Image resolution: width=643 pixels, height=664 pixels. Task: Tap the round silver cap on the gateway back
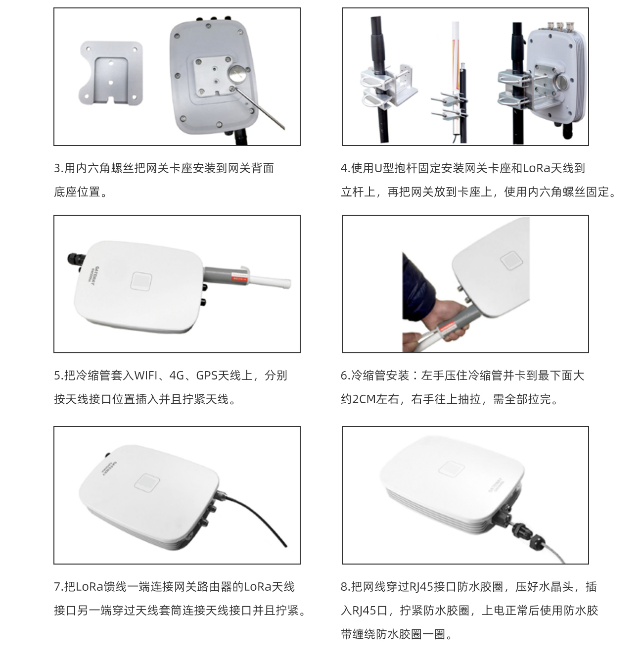pyautogui.click(x=236, y=75)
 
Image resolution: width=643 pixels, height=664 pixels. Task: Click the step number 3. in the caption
pyautogui.click(x=59, y=168)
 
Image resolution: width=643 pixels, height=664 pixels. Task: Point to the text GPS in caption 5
pyautogui.click(x=207, y=376)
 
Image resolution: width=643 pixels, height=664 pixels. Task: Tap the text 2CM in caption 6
pyautogui.click(x=364, y=399)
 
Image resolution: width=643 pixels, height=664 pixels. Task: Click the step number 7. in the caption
pyautogui.click(x=59, y=587)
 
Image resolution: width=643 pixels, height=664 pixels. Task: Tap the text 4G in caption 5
pyautogui.click(x=177, y=376)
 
